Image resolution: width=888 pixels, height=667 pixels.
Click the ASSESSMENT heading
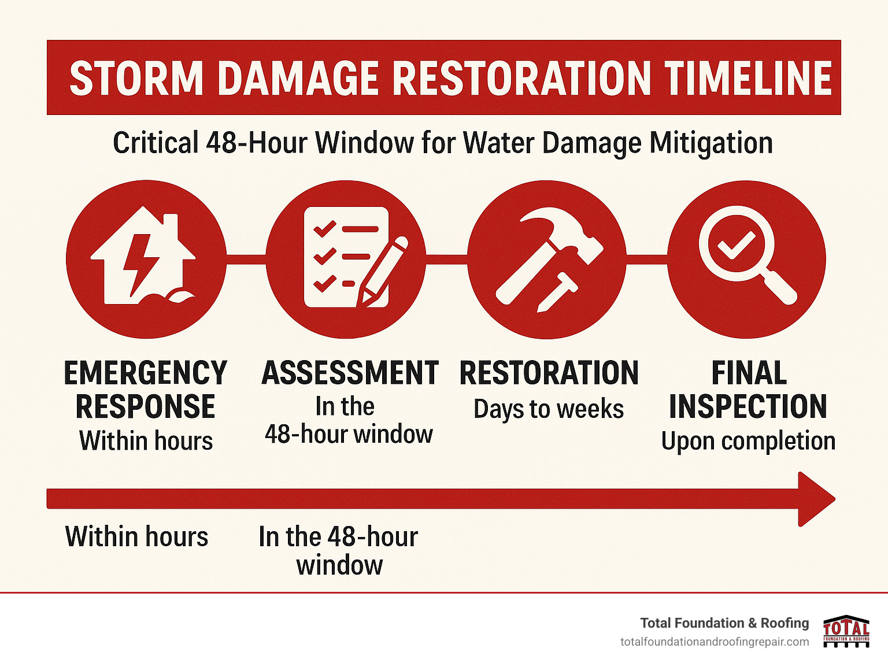point(350,373)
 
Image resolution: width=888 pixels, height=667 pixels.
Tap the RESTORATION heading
point(549,373)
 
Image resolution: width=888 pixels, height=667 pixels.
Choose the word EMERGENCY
point(146,373)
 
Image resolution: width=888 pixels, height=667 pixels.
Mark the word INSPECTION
point(748,407)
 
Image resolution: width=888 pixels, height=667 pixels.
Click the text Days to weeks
point(549,409)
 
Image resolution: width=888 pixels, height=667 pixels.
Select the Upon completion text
point(748,441)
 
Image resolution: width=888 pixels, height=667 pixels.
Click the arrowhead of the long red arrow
point(815,499)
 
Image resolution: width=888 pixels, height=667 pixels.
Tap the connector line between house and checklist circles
point(246,259)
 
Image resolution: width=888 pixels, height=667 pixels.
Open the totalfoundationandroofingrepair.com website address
point(715,642)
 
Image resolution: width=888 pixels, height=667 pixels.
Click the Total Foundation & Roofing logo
point(846,631)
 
